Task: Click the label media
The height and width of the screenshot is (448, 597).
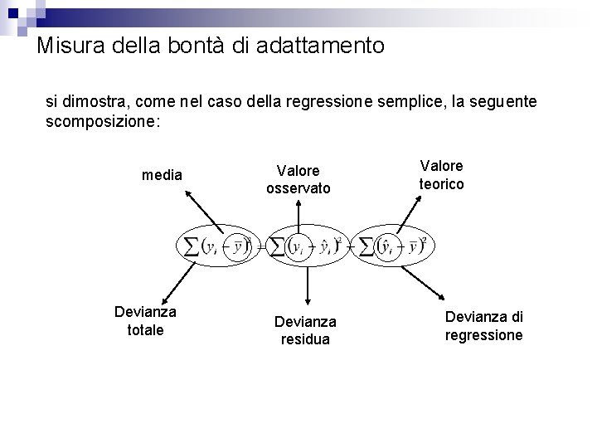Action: click(x=163, y=175)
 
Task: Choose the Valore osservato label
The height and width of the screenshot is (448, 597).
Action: click(x=298, y=179)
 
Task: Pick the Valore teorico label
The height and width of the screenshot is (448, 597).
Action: click(x=441, y=174)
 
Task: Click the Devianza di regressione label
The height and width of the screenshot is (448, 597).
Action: click(x=484, y=325)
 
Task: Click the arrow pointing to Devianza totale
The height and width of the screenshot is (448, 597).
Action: click(x=173, y=281)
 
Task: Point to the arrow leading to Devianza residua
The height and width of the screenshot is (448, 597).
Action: click(x=307, y=282)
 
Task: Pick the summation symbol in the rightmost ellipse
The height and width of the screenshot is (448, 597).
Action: click(x=364, y=246)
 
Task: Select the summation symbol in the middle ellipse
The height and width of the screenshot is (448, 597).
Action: click(x=277, y=247)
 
